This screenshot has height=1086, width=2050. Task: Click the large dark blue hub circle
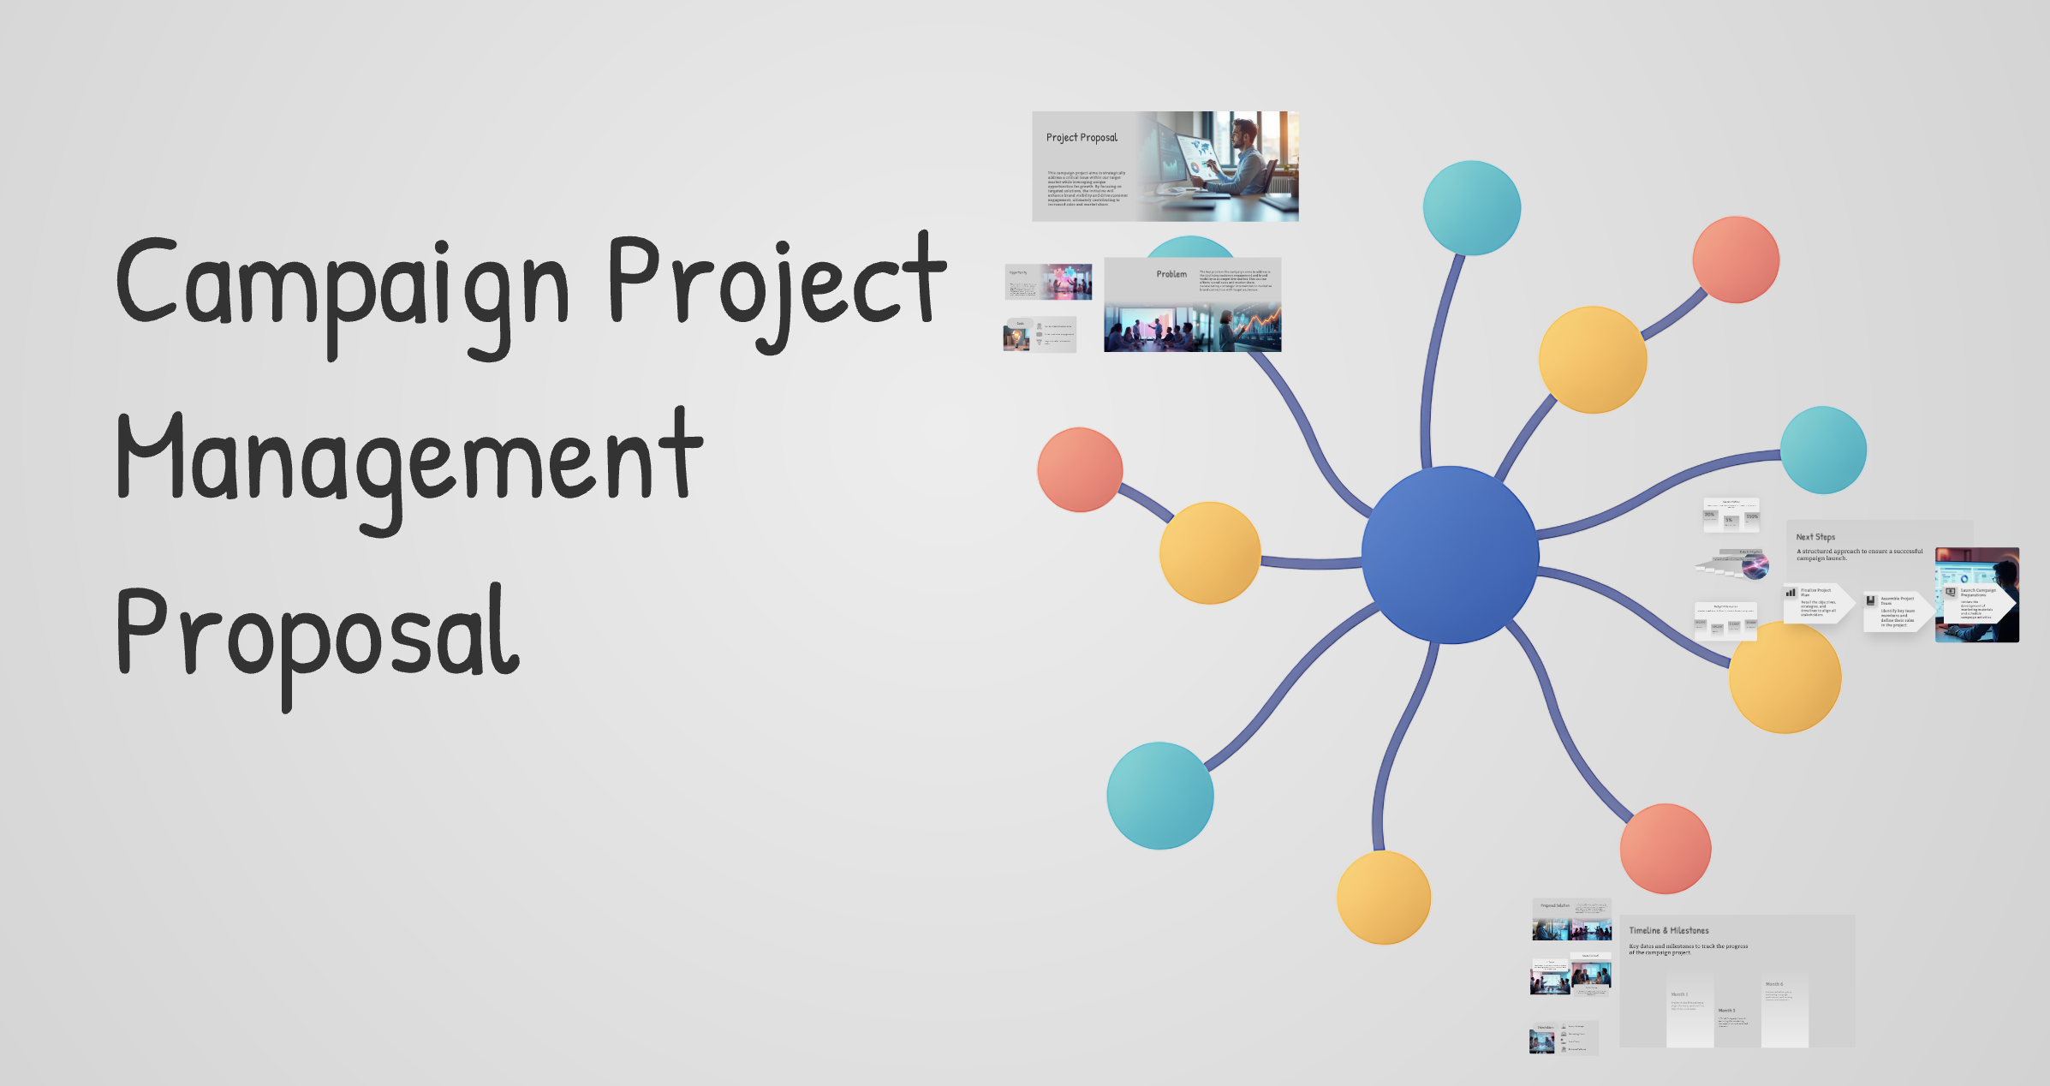click(1450, 554)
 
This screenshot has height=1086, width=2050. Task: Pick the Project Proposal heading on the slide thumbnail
click(1082, 138)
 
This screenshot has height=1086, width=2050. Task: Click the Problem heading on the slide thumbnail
click(1171, 274)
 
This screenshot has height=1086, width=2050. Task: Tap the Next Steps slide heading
click(1815, 537)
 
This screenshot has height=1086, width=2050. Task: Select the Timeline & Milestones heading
click(1668, 930)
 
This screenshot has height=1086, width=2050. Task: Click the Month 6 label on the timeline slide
click(1774, 984)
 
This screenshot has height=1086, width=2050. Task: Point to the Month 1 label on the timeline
click(1679, 994)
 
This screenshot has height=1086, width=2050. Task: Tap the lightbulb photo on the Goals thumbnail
click(1016, 339)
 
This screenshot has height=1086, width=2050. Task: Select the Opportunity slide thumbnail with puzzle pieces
click(1048, 282)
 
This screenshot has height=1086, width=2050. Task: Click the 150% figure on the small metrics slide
click(1752, 516)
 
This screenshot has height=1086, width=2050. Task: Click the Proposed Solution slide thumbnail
click(1571, 919)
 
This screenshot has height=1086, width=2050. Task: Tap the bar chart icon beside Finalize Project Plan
click(1791, 592)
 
